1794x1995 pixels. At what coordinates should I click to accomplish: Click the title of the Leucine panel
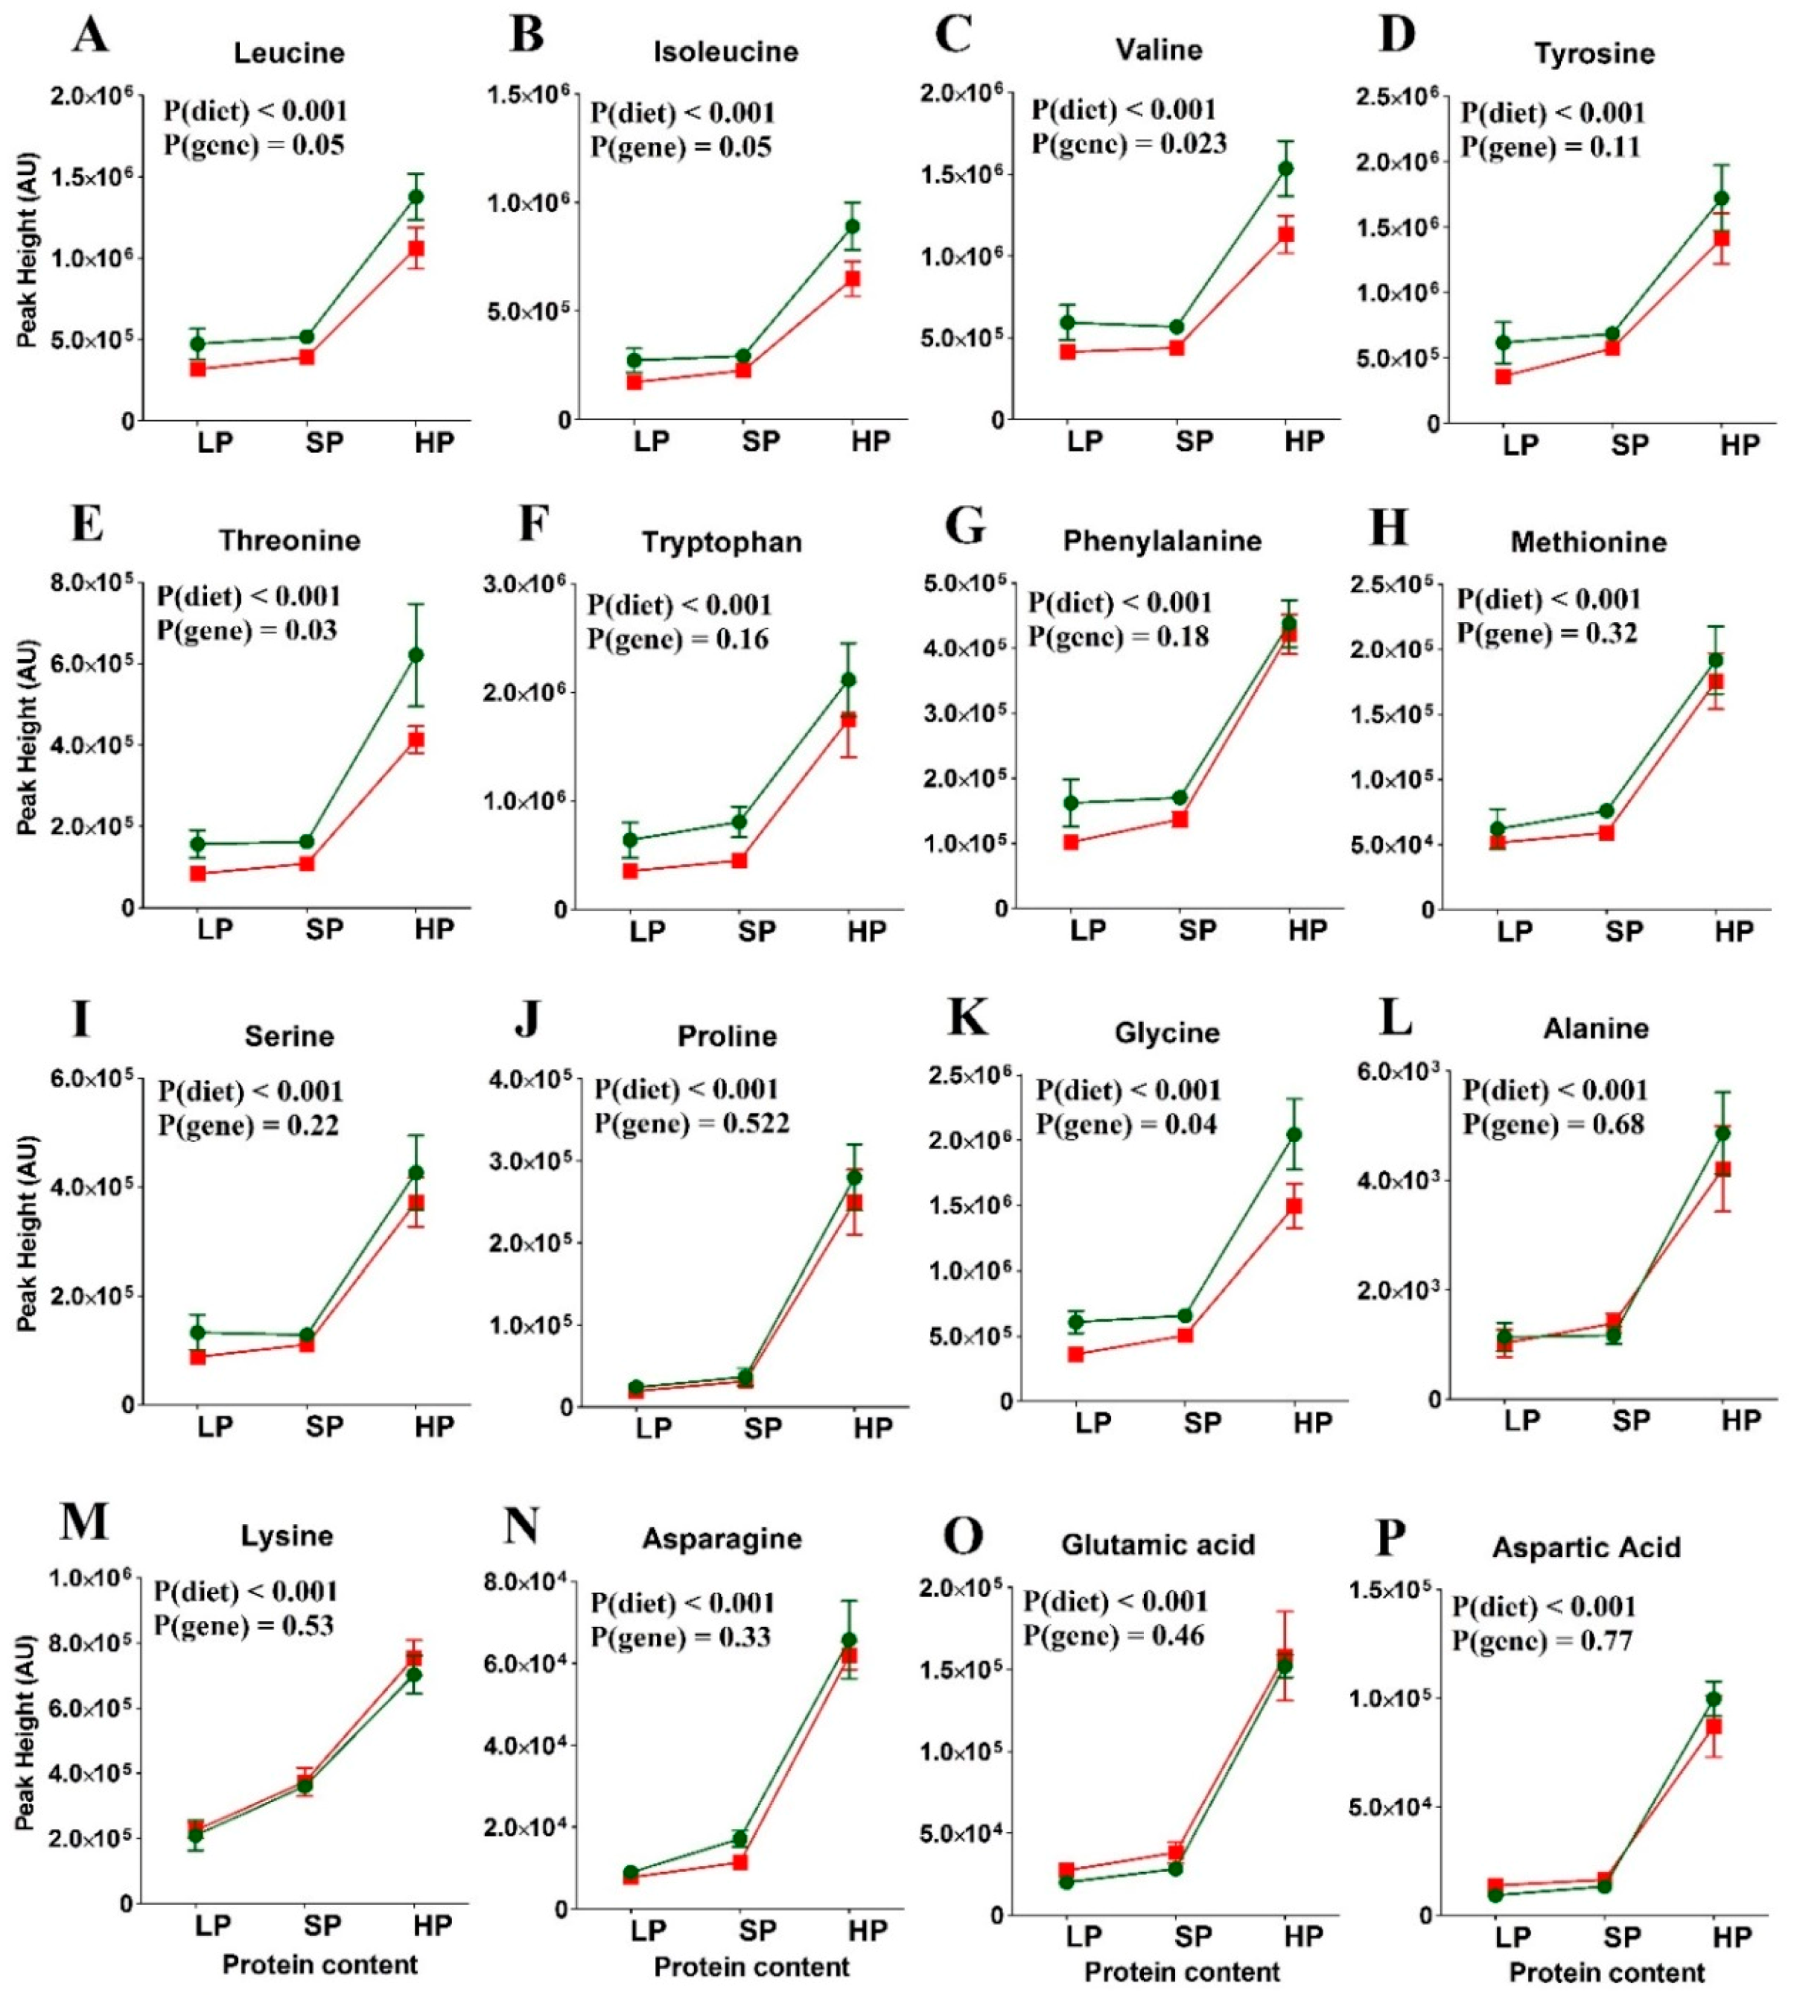point(289,52)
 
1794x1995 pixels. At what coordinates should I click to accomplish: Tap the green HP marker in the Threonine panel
point(416,655)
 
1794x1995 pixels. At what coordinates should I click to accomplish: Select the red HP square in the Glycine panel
point(1294,1206)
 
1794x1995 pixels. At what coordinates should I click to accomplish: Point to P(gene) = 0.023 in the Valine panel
point(1129,144)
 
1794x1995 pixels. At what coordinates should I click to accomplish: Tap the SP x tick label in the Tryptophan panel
point(757,931)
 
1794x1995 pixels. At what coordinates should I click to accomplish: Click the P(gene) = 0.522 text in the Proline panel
point(691,1123)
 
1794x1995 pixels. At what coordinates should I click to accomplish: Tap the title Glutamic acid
point(1158,1544)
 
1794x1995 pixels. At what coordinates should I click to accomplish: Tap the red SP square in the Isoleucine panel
point(742,369)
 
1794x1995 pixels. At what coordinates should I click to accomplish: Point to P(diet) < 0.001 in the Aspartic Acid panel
point(1544,1606)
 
